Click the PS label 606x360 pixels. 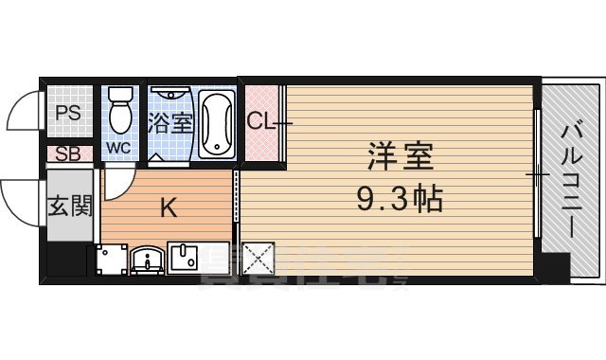[x=66, y=114]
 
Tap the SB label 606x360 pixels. [x=66, y=154]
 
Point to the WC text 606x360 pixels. [x=119, y=149]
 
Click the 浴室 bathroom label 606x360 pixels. [x=169, y=122]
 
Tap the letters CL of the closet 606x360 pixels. [x=260, y=121]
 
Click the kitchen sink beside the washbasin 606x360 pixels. [x=182, y=257]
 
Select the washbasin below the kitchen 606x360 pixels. [x=146, y=259]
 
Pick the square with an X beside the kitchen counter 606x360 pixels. [x=257, y=259]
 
